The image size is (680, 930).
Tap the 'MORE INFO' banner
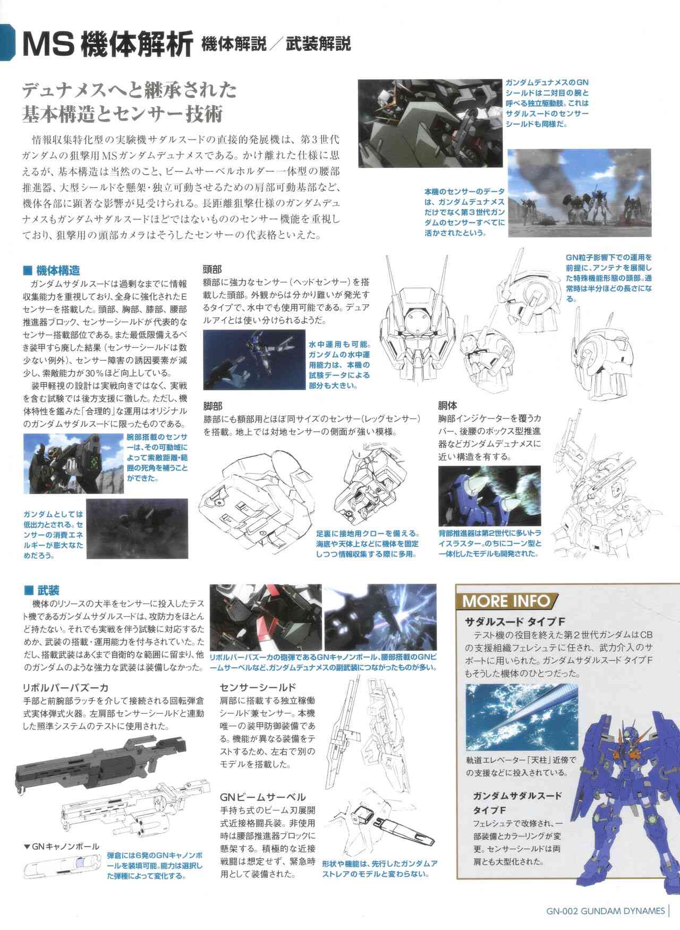point(506,601)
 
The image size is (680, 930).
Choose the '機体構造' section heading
point(53,270)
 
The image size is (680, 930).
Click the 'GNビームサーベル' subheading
point(262,797)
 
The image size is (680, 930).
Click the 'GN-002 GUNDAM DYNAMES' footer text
point(605,911)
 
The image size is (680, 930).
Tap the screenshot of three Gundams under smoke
point(579,193)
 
